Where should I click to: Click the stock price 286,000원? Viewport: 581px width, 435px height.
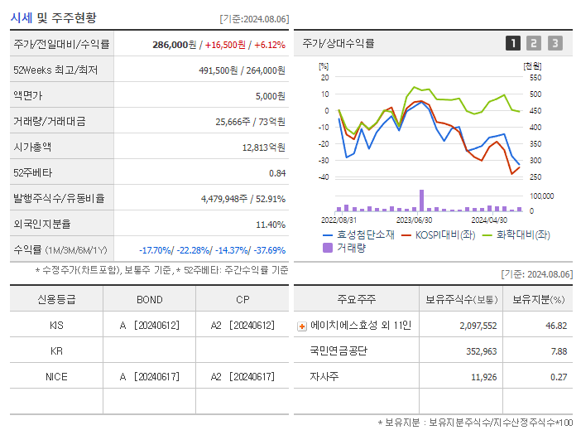(x=175, y=44)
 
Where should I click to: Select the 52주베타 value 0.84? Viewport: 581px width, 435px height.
(x=276, y=173)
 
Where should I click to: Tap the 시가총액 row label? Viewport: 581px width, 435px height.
(x=32, y=147)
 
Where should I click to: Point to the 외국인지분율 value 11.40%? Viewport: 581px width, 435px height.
(x=271, y=225)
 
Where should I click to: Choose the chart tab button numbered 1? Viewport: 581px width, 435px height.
(x=513, y=43)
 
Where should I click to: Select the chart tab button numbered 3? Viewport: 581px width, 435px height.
(x=555, y=43)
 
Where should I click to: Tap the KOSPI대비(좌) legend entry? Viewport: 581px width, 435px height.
(x=441, y=234)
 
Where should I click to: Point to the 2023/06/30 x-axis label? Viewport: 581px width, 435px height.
(x=414, y=220)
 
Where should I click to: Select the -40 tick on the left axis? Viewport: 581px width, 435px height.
(x=324, y=177)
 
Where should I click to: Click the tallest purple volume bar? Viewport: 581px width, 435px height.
(x=421, y=201)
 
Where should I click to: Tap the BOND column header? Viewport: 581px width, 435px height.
(x=149, y=299)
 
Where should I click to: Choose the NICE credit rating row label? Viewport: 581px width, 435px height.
(x=56, y=376)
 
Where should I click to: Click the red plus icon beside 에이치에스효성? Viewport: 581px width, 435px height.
(x=302, y=326)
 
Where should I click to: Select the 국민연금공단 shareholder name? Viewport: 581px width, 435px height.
(x=339, y=351)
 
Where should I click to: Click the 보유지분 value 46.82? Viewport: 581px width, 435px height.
(x=555, y=326)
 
